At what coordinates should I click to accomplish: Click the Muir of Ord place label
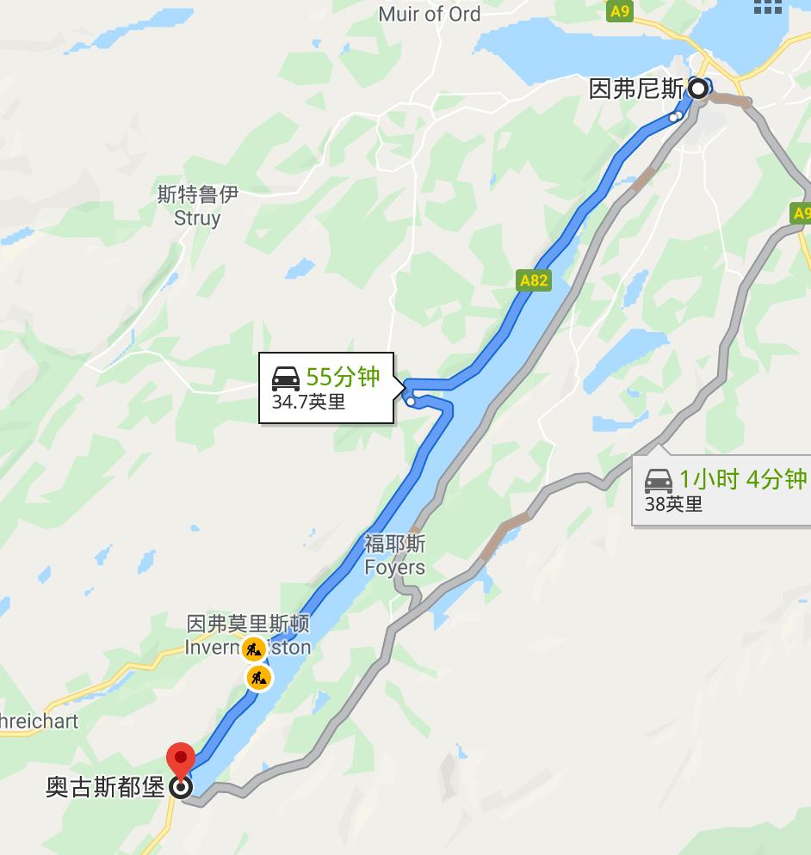pyautogui.click(x=430, y=14)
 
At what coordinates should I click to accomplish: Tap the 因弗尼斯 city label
pyautogui.click(x=635, y=89)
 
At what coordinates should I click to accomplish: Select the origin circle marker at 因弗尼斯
pyautogui.click(x=699, y=88)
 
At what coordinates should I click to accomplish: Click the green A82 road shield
pyautogui.click(x=534, y=280)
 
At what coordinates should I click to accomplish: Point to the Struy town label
pyautogui.click(x=197, y=218)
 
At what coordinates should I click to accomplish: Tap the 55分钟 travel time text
pyautogui.click(x=343, y=377)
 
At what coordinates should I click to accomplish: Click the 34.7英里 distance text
pyautogui.click(x=309, y=402)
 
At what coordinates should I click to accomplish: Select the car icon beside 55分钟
pyautogui.click(x=286, y=378)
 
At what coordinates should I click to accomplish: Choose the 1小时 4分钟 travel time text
pyautogui.click(x=742, y=479)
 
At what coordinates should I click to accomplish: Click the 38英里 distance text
pyautogui.click(x=673, y=505)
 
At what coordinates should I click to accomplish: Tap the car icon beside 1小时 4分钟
pyautogui.click(x=659, y=480)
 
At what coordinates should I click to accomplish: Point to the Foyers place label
pyautogui.click(x=394, y=568)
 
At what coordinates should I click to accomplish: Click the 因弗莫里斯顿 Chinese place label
pyautogui.click(x=248, y=624)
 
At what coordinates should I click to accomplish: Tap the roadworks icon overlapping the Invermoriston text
pyautogui.click(x=253, y=649)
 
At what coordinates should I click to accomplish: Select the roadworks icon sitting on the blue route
pyautogui.click(x=258, y=677)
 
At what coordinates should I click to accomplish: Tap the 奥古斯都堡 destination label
pyautogui.click(x=104, y=788)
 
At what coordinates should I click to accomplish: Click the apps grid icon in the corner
pyautogui.click(x=767, y=6)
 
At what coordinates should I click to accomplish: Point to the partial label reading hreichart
pyautogui.click(x=39, y=721)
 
